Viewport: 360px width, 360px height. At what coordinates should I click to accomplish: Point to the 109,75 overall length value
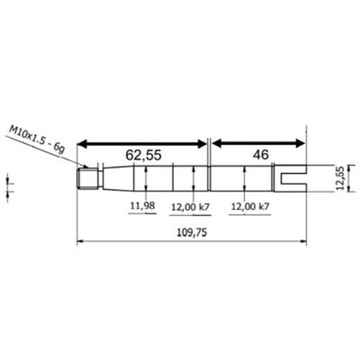click(191, 231)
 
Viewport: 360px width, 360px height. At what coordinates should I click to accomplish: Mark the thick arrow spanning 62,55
click(143, 143)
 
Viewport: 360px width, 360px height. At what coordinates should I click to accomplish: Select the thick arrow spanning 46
click(260, 143)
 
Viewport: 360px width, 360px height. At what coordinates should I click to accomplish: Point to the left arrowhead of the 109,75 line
click(79, 242)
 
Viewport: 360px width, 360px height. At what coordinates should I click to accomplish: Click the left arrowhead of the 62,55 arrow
click(80, 143)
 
